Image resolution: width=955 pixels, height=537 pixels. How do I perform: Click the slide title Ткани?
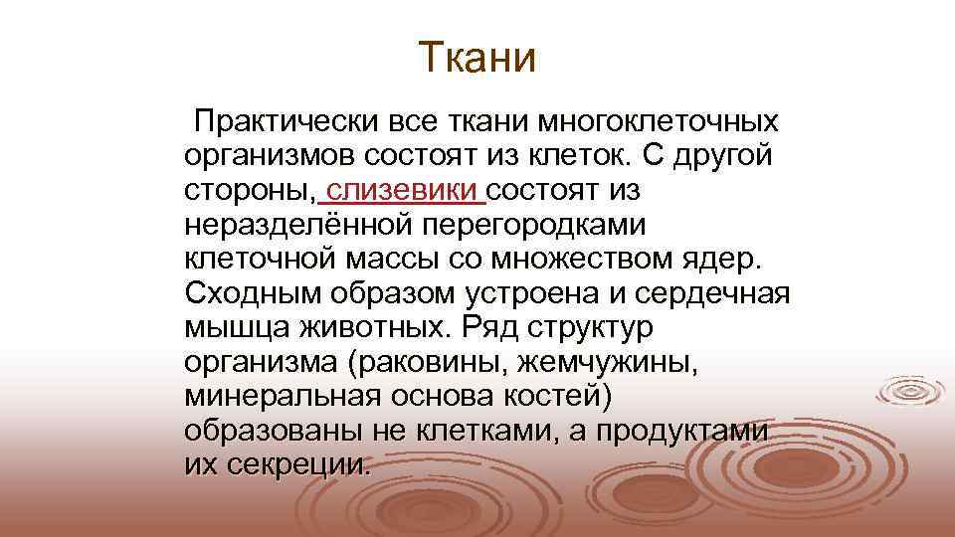[x=477, y=57]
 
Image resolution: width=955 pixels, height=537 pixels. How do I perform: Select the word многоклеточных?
[x=659, y=123]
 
